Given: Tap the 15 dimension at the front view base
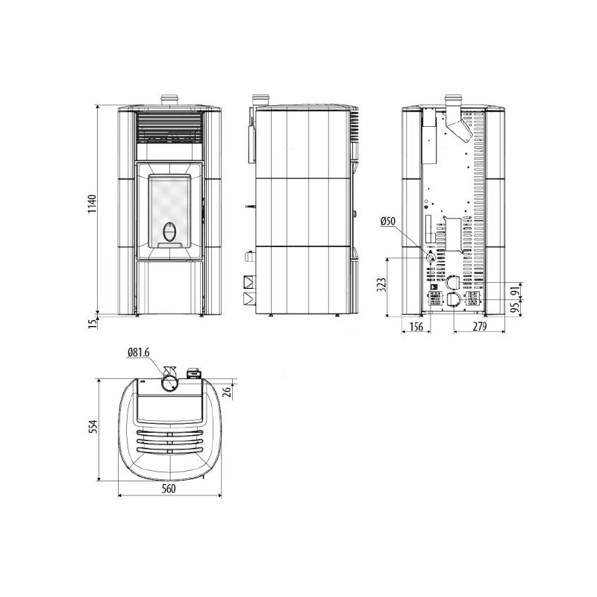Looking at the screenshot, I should pyautogui.click(x=92, y=322).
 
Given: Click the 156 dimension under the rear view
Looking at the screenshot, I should pyautogui.click(x=416, y=328).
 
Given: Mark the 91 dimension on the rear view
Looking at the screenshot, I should pyautogui.click(x=513, y=291).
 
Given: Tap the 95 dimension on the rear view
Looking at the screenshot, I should pyautogui.click(x=513, y=307).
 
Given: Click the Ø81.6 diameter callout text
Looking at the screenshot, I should pyautogui.click(x=140, y=351).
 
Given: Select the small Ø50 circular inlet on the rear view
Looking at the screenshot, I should pyautogui.click(x=431, y=257).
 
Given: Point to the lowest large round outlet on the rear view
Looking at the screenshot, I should pyautogui.click(x=453, y=301).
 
